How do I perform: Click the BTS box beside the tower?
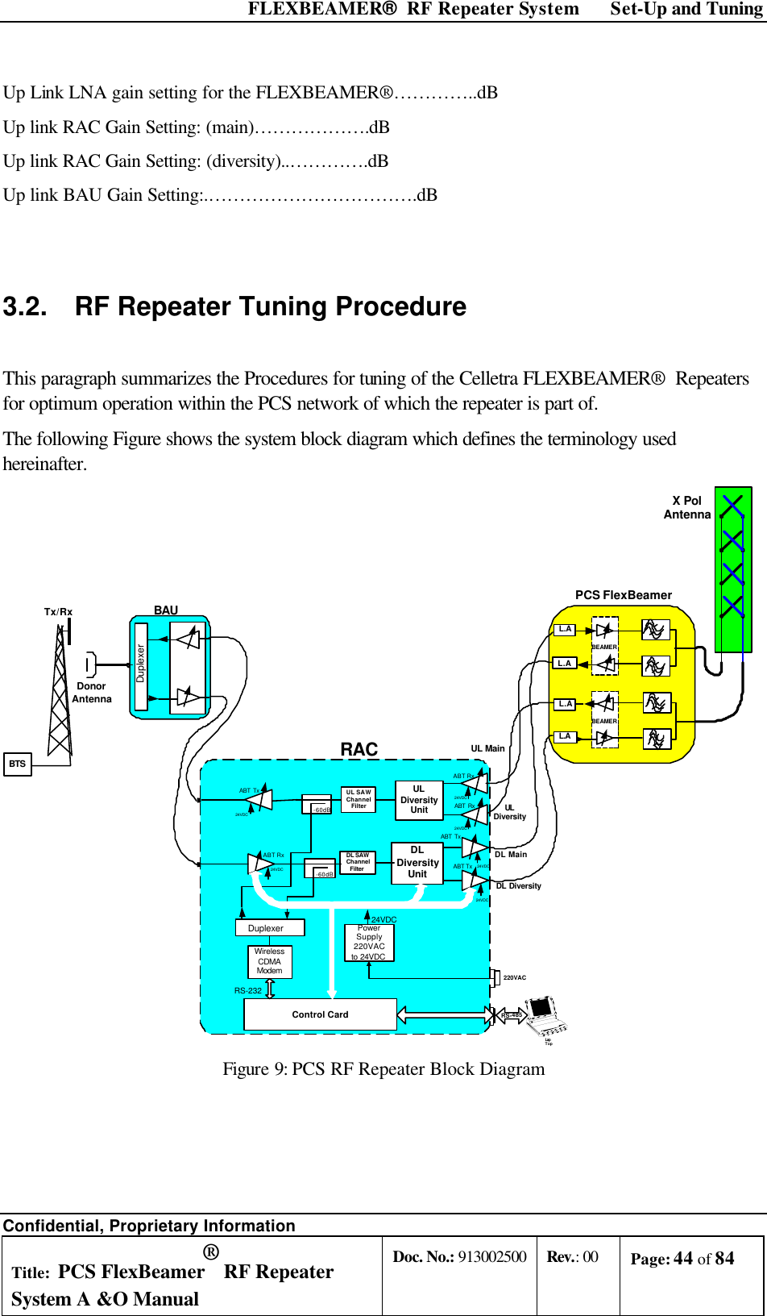click(18, 764)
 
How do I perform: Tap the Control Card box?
click(320, 1014)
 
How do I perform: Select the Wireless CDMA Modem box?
click(270, 961)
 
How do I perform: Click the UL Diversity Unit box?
click(419, 800)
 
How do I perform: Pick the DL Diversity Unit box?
click(417, 863)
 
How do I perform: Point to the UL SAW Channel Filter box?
click(359, 799)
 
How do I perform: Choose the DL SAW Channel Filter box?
click(357, 862)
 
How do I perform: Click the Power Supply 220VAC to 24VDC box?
click(369, 943)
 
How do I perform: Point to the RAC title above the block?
click(359, 749)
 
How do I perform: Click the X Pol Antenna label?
click(687, 507)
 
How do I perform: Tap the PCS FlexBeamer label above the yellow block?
click(623, 595)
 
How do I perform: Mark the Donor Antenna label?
click(92, 693)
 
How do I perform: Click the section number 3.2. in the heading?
click(25, 307)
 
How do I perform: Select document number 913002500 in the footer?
click(492, 1256)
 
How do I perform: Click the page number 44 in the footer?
click(683, 1258)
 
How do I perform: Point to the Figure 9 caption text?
click(383, 1068)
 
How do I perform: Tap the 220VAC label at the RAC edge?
click(514, 977)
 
